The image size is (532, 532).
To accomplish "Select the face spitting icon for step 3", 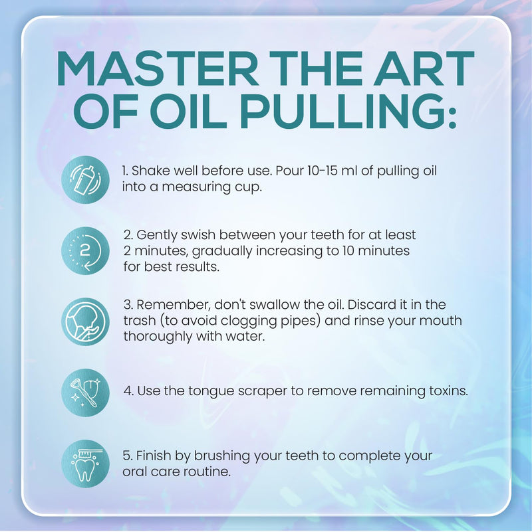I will pyautogui.click(x=86, y=321).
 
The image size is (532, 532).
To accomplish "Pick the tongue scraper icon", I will pyautogui.click(x=86, y=391).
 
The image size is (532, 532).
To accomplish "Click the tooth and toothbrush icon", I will pyautogui.click(x=86, y=462).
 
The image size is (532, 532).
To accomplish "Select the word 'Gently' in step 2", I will pyautogui.click(x=157, y=235).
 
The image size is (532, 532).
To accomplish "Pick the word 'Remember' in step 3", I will pyautogui.click(x=170, y=305).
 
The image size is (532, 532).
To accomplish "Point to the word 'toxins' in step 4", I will pyautogui.click(x=449, y=391).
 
